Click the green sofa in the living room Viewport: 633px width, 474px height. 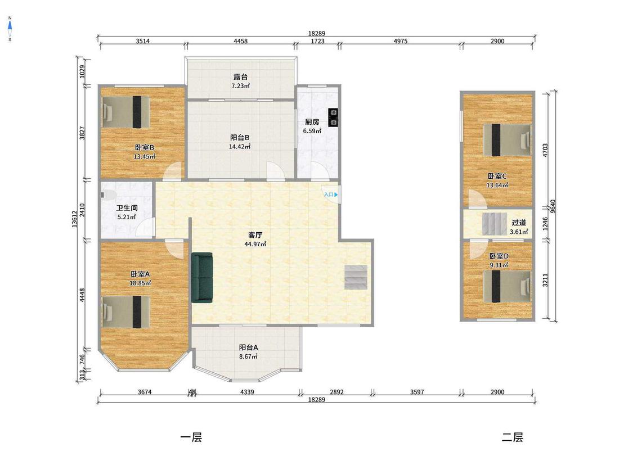tap(202, 278)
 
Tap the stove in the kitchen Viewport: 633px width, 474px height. tap(333, 118)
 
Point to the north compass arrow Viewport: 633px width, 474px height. tap(10, 26)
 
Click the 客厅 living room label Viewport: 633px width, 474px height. tap(255, 235)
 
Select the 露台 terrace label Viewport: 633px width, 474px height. tap(241, 76)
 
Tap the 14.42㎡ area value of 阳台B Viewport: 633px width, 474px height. tap(240, 146)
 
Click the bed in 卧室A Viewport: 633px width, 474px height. tap(125, 312)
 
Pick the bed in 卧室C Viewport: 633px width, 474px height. tap(507, 140)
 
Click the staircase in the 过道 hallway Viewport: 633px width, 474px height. tap(495, 224)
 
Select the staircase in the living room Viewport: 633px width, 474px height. tap(356, 277)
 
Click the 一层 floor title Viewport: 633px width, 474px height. tap(191, 437)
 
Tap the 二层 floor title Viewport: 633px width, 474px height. tap(512, 437)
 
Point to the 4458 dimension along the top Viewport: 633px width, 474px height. tap(241, 40)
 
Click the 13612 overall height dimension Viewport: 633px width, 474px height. tap(75, 219)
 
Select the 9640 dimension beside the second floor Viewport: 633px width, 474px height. tap(553, 206)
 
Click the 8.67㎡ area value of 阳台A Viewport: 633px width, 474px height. tap(248, 356)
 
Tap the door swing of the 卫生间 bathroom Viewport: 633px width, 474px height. tap(145, 228)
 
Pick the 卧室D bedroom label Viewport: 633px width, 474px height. tap(499, 256)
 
